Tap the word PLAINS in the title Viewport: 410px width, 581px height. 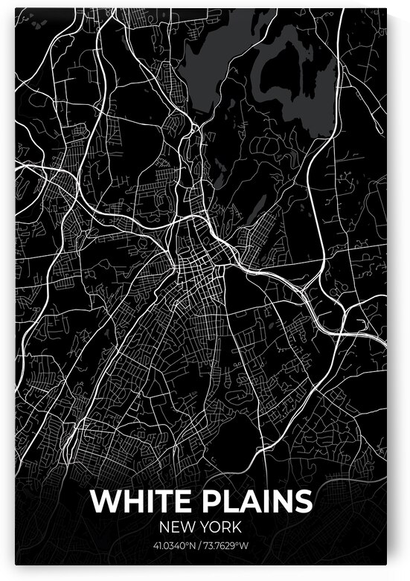(x=255, y=502)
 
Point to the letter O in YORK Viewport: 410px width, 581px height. (x=217, y=527)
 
